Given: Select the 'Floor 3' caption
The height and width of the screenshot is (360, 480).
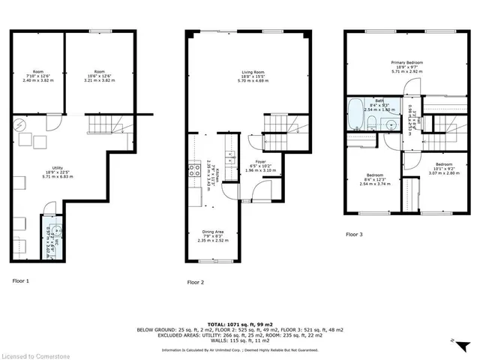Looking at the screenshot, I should (x=354, y=235).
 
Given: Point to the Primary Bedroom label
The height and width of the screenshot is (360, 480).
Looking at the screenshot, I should (x=406, y=66).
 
